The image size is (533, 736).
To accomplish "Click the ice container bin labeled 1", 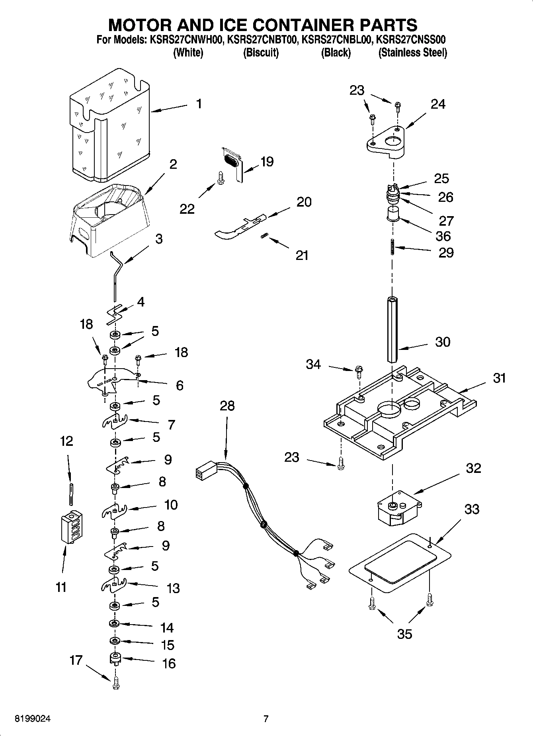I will [109, 127].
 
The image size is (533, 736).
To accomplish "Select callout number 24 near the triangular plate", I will [438, 104].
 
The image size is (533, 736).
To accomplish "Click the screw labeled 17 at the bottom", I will [116, 683].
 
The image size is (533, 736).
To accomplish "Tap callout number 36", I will [443, 236].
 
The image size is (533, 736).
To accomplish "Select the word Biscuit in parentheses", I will [261, 53].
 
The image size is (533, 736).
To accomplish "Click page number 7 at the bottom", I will [266, 719].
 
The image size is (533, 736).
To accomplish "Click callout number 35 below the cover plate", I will [404, 634].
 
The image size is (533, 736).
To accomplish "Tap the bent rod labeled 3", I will [117, 275].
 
